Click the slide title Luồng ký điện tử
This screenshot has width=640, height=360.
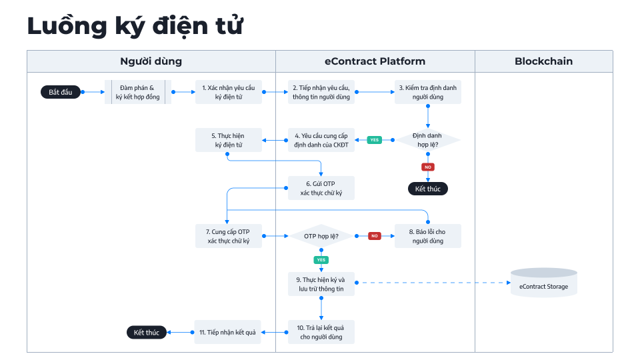(x=135, y=26)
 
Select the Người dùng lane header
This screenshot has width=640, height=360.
(x=151, y=61)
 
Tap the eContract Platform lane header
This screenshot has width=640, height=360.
(x=375, y=61)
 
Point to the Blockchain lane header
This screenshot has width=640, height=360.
(x=543, y=61)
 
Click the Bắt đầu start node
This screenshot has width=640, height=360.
(x=61, y=92)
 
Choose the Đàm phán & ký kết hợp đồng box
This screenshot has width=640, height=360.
(x=137, y=92)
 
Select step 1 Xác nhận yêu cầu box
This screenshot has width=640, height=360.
(x=229, y=92)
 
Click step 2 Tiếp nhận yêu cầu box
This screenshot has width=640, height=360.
(x=321, y=92)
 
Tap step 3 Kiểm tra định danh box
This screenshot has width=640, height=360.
(x=427, y=92)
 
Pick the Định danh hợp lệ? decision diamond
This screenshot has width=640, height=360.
(x=427, y=140)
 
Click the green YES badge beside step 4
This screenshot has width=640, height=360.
(x=375, y=140)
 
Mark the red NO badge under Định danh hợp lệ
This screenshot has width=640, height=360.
(x=428, y=167)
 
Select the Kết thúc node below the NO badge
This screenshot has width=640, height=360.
(x=427, y=189)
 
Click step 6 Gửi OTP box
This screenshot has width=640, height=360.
(x=321, y=188)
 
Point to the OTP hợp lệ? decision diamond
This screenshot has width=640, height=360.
(x=321, y=236)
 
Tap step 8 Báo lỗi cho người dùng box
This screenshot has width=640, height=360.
(x=427, y=236)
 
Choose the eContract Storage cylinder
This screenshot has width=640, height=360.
(x=543, y=283)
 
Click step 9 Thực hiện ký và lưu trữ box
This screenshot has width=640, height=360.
(x=321, y=284)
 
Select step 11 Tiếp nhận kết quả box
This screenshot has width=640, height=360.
(x=229, y=332)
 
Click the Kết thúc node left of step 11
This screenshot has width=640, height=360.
(x=147, y=332)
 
